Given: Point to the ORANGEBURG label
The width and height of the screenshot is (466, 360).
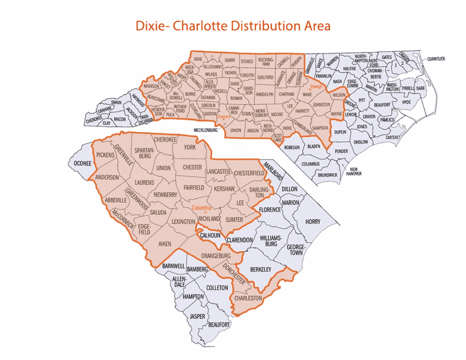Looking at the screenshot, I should (216, 255).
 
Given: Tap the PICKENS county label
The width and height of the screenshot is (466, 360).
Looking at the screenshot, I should (105, 156).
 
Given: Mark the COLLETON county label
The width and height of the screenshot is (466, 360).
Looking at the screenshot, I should (216, 287).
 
